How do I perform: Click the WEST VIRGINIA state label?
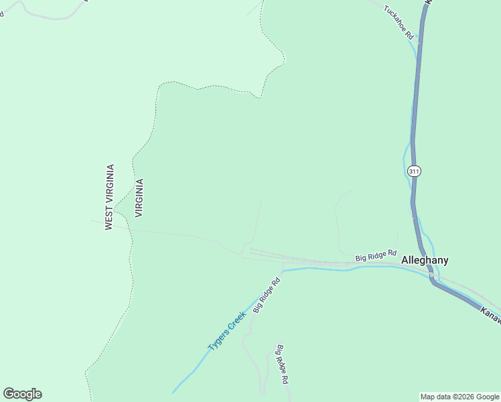click(109, 198)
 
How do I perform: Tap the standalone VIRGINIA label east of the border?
click(139, 198)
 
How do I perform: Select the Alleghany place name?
click(425, 260)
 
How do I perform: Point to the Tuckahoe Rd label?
click(399, 23)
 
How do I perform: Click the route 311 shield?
click(415, 172)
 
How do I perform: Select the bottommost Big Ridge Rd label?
click(283, 364)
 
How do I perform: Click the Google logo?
click(22, 394)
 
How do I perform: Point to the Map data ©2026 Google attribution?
click(460, 397)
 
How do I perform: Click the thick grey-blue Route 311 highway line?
click(417, 100)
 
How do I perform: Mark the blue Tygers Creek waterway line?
click(315, 269)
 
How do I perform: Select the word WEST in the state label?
click(109, 218)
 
